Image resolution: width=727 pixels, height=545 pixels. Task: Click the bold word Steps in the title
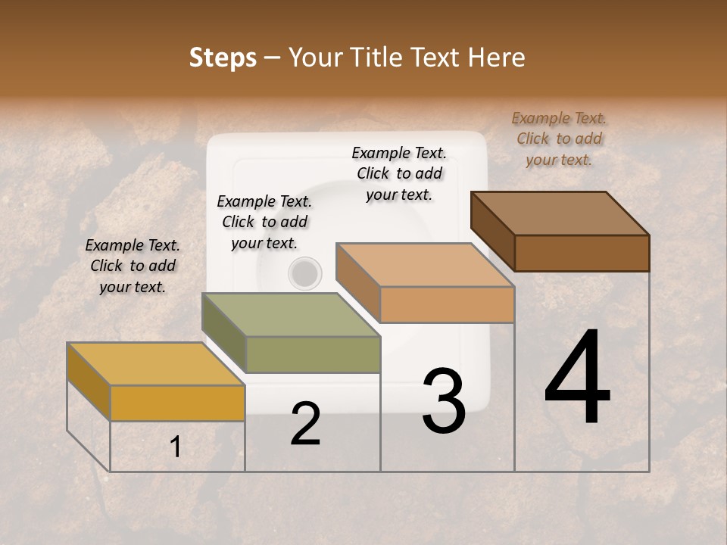[x=223, y=58]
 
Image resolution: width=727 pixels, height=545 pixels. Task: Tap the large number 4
[x=578, y=378]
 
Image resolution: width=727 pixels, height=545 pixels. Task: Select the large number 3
[x=444, y=401]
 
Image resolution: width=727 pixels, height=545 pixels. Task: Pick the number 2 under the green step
[x=305, y=424]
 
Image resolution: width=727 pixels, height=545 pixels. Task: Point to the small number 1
[x=175, y=447]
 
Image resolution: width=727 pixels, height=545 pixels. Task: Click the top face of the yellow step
[x=155, y=364]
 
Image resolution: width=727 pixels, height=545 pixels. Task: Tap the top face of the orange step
[x=424, y=266]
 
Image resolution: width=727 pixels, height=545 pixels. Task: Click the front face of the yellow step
[x=177, y=403]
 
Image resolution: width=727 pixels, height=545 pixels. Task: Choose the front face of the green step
[x=313, y=354]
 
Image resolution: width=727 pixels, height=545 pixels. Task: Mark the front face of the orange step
[x=447, y=305]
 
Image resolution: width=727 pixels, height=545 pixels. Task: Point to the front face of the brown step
[x=582, y=253]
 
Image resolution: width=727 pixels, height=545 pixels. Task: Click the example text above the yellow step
[x=133, y=266]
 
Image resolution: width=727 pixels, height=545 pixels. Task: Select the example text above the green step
[x=264, y=222]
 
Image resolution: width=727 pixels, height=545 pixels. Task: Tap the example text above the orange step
[x=399, y=173]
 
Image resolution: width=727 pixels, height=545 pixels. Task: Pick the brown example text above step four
[x=559, y=139]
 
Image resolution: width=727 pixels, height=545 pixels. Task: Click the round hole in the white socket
[x=305, y=273]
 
